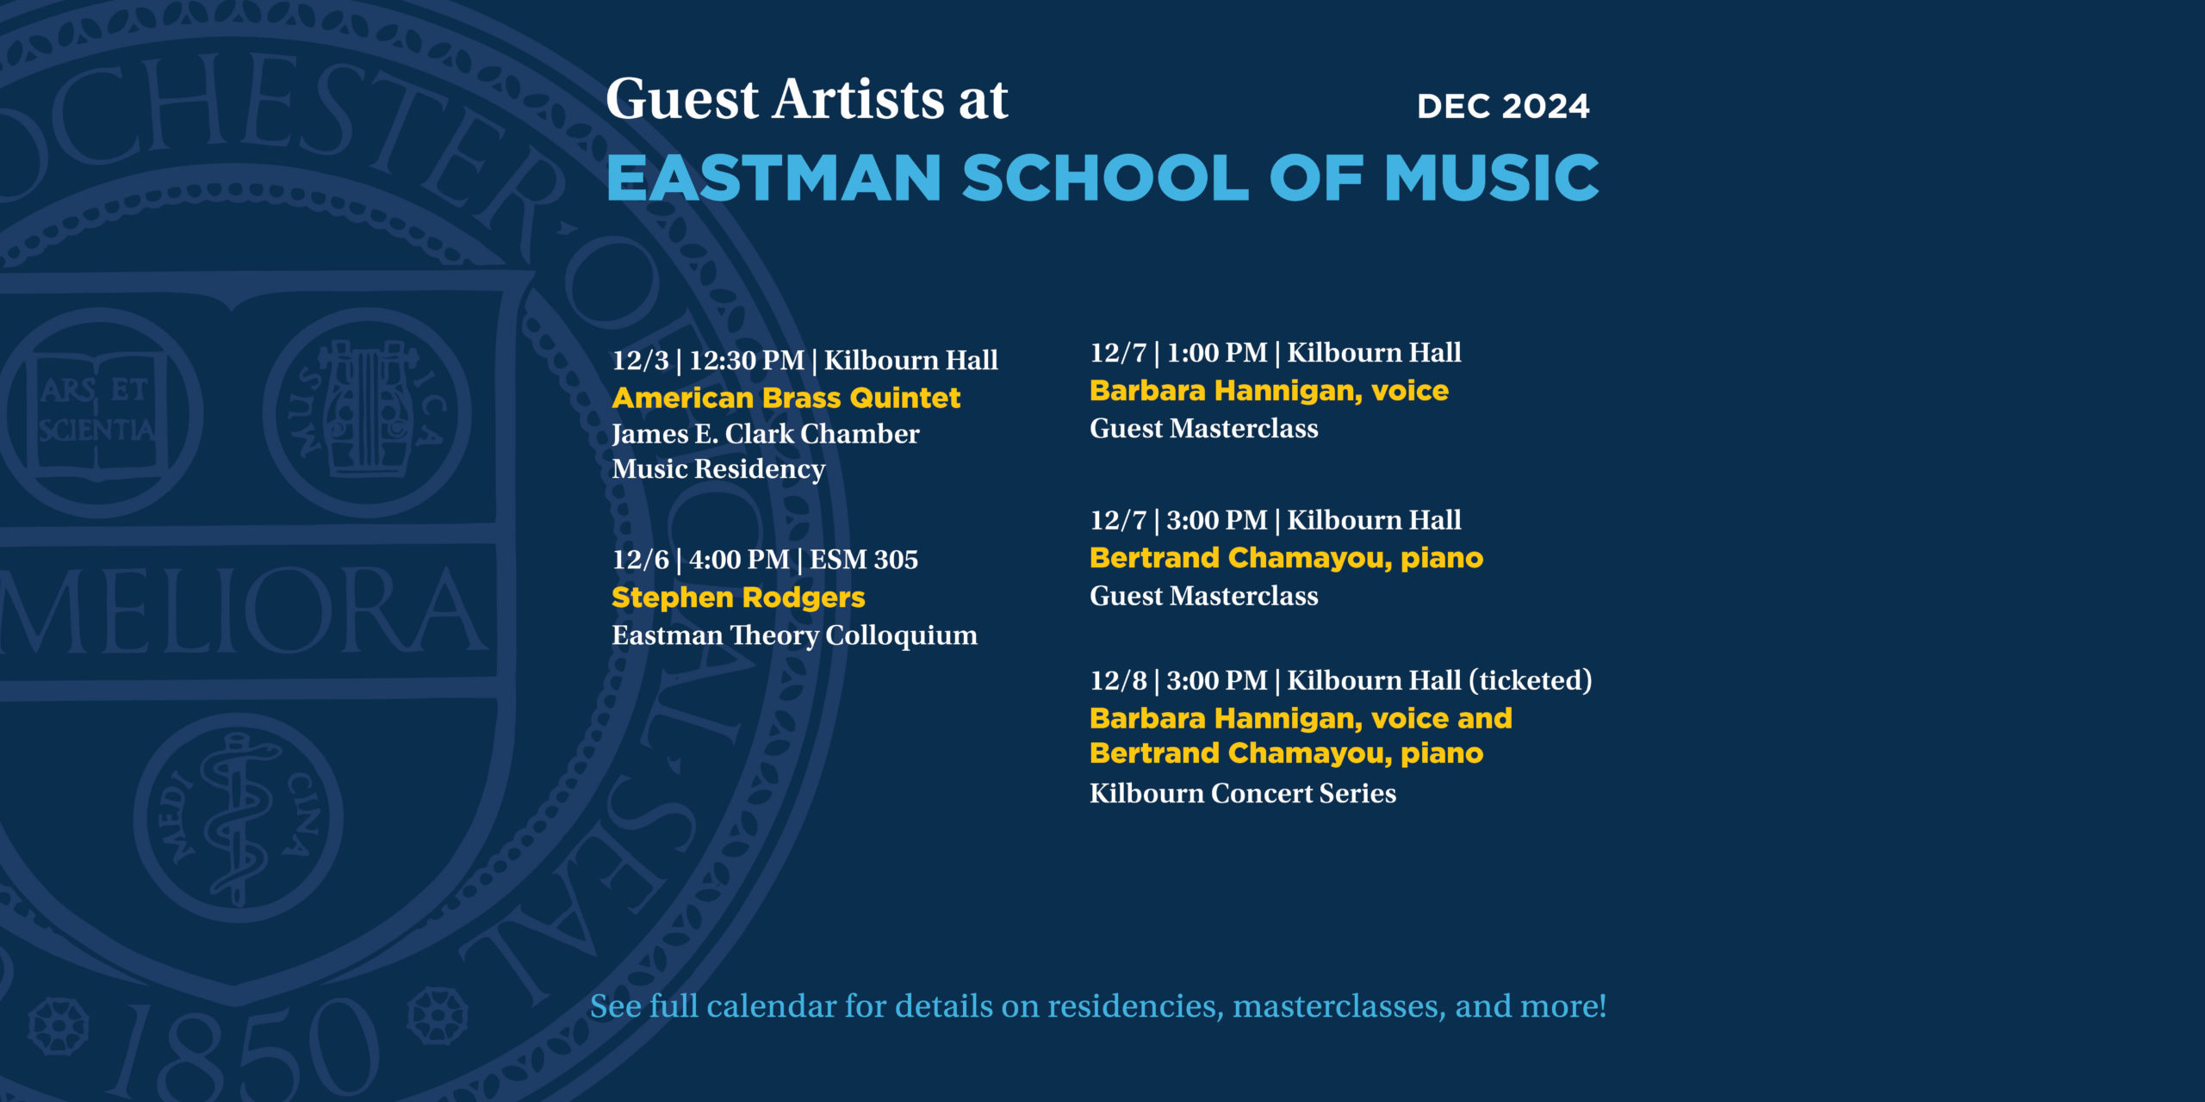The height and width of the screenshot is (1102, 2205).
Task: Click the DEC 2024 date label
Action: pos(1503,106)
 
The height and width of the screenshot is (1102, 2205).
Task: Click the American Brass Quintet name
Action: pos(786,398)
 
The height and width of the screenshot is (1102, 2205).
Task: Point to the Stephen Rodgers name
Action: pos(738,597)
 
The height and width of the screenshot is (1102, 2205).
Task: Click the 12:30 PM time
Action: pos(747,360)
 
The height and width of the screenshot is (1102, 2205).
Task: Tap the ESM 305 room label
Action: pos(864,560)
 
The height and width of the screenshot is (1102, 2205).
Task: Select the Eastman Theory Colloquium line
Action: pos(794,635)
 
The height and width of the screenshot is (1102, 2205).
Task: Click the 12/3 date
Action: pos(640,360)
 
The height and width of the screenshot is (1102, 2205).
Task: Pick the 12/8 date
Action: pos(1118,680)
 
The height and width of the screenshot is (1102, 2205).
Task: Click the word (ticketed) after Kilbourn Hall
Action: pos(1531,680)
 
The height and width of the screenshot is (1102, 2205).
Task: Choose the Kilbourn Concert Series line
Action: pos(1243,793)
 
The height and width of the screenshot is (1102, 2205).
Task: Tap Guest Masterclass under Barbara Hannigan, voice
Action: pos(1204,429)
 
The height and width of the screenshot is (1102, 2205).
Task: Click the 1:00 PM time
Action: pos(1217,352)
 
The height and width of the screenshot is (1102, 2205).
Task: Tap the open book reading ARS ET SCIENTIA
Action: pos(96,412)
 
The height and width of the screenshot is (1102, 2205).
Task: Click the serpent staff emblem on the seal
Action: pos(238,818)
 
